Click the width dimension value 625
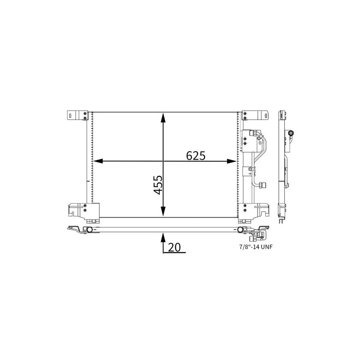[196, 156]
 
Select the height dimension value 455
[158, 185]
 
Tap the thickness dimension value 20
[174, 247]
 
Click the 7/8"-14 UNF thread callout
[256, 247]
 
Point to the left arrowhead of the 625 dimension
[97, 161]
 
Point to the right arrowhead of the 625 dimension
[232, 161]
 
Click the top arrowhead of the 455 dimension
[163, 117]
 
